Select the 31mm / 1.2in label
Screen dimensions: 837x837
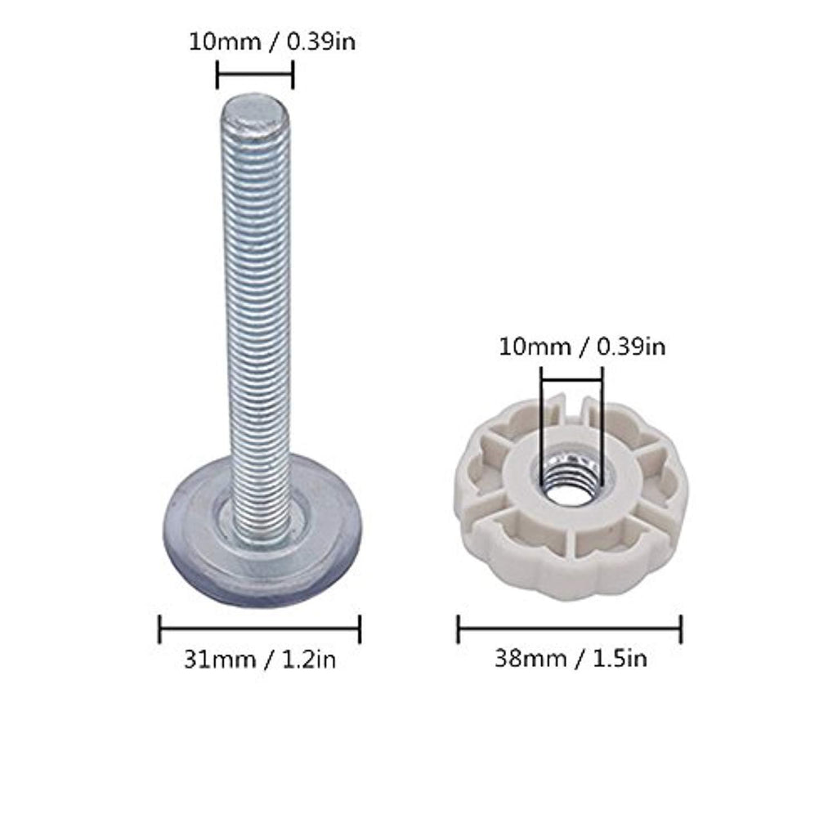tap(260, 660)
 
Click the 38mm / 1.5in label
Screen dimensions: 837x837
tap(571, 659)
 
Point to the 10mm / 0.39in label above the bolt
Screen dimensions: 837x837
tap(272, 42)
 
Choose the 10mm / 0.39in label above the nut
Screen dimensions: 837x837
tap(582, 347)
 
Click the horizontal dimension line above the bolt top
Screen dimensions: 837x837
tap(255, 74)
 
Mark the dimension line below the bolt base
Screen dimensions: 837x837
tap(260, 629)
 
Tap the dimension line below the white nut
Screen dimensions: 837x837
tap(570, 629)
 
